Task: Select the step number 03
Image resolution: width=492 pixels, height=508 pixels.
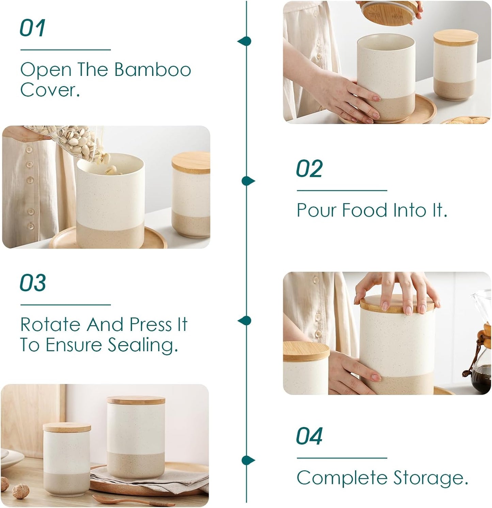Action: [x=33, y=283]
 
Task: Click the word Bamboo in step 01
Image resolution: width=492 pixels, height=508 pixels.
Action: [x=152, y=70]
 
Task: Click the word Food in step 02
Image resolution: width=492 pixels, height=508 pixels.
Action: [x=364, y=210]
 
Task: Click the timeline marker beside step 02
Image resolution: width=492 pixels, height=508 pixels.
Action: [x=248, y=181]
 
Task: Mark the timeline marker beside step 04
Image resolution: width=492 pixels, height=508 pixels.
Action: [x=248, y=460]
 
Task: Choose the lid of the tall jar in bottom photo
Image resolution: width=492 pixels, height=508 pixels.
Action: [x=136, y=400]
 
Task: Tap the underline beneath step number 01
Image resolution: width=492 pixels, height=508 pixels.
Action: [x=66, y=50]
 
